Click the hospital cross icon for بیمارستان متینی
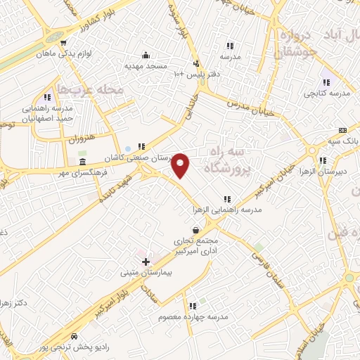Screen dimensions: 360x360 tap(146, 262)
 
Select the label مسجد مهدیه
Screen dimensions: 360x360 tap(147, 65)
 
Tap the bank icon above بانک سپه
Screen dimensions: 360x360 tap(342, 130)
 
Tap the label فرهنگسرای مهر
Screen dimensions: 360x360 tap(82, 172)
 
